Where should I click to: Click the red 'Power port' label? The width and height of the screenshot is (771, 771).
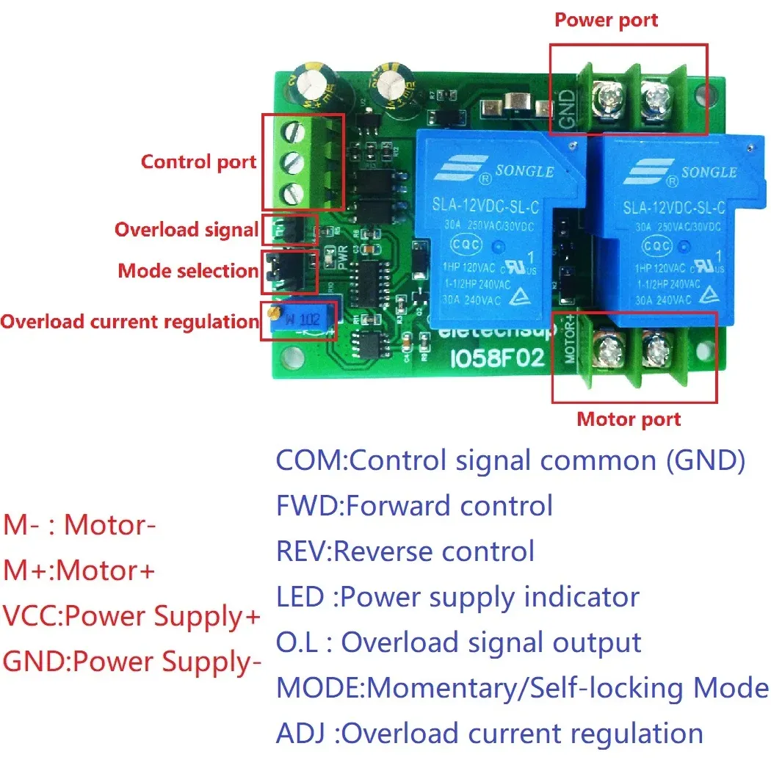point(606,20)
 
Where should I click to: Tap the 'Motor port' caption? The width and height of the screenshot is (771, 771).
point(629,419)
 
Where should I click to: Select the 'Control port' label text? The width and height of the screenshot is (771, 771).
point(198,162)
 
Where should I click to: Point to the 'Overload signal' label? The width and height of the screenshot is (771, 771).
point(187,230)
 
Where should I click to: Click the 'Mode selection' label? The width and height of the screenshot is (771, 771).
point(188,271)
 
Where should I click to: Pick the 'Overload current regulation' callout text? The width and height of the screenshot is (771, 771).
point(129,322)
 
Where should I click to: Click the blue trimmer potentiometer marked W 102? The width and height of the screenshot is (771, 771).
point(302,321)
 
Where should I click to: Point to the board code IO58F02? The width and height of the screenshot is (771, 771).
point(496,359)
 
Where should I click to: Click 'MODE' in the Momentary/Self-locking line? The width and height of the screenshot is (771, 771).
point(319,688)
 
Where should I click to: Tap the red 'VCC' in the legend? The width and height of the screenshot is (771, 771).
point(29,617)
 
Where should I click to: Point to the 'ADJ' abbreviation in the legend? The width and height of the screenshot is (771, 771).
point(300,734)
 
